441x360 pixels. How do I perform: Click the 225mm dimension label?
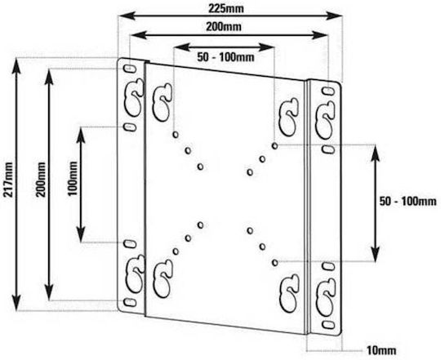pyautogui.click(x=226, y=9)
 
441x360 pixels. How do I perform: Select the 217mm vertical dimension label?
pyautogui.click(x=7, y=179)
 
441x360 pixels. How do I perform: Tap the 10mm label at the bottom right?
pyautogui.click(x=381, y=350)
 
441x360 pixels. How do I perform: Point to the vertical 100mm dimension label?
pyautogui.click(x=73, y=178)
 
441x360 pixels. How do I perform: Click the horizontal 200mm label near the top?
pyautogui.click(x=224, y=27)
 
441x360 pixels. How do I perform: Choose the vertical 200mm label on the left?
pyautogui.click(x=41, y=179)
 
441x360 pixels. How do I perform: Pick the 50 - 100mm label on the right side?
pyautogui.click(x=408, y=201)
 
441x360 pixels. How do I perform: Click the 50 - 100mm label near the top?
pyautogui.click(x=225, y=57)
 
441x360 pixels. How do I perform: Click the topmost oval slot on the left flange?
pyautogui.click(x=129, y=69)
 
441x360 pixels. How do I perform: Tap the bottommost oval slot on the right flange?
pyautogui.click(x=328, y=325)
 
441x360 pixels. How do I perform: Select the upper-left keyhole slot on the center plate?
pyautogui.click(x=162, y=102)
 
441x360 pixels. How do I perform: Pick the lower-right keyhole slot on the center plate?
pyautogui.click(x=289, y=293)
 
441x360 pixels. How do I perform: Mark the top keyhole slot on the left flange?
pyautogui.click(x=134, y=97)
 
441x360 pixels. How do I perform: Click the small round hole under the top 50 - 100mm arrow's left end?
pyautogui.click(x=176, y=135)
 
